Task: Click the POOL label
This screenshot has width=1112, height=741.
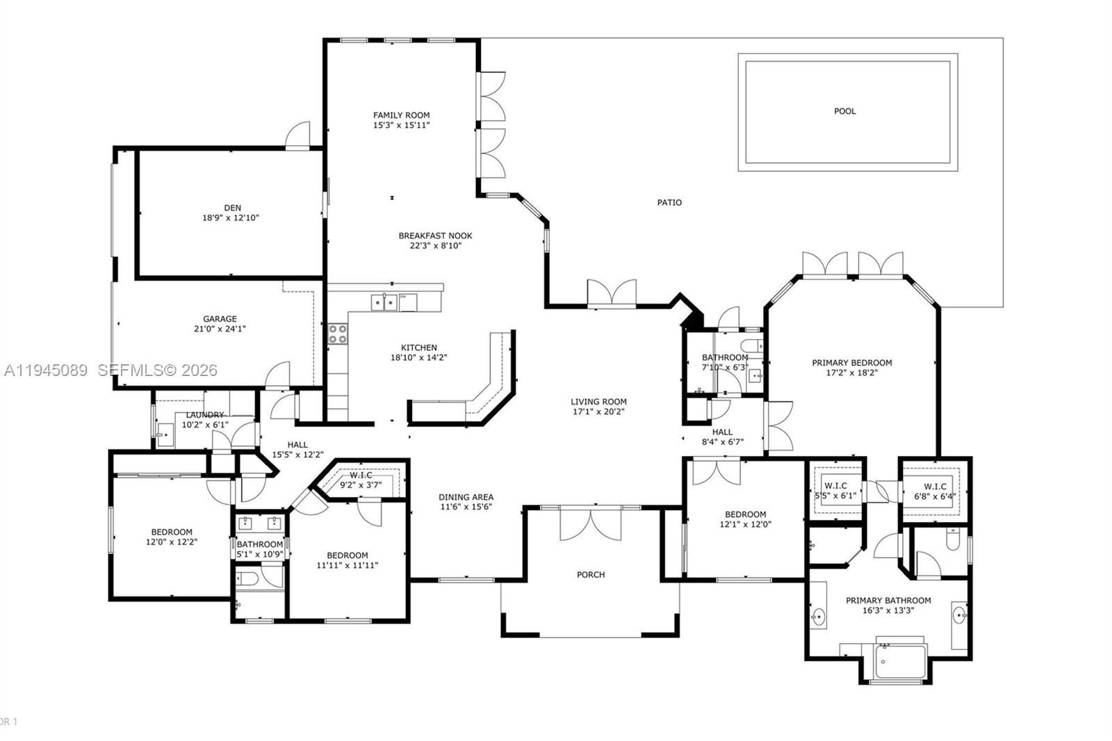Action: [844, 111]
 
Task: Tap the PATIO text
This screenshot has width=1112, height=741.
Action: [669, 203]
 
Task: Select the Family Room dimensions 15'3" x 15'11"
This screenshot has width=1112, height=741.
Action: [401, 125]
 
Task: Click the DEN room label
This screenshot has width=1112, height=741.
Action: [232, 208]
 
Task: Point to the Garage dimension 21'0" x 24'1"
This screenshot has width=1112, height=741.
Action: [220, 329]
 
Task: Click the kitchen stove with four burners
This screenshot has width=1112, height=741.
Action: [338, 334]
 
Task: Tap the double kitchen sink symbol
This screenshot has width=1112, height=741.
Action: [384, 302]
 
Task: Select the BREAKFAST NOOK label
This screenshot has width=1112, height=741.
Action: [435, 236]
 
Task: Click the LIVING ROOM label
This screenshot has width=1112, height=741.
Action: [598, 401]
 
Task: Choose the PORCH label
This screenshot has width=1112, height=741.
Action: [591, 575]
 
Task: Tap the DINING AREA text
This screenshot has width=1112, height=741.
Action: [466, 497]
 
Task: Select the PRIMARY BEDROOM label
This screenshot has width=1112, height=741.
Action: [851, 362]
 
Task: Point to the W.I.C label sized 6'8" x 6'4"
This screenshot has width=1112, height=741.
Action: [935, 487]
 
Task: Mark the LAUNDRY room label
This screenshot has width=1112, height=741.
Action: [205, 415]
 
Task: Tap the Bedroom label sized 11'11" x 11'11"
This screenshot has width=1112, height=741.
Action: [347, 555]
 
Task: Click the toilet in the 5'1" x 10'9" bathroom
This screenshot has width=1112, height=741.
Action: [248, 578]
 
